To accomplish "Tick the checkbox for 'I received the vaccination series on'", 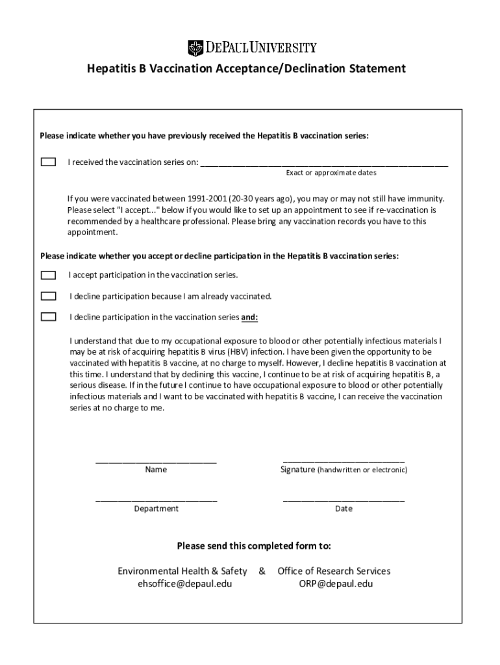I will point(48,162).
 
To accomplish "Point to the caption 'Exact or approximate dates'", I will point(331,173).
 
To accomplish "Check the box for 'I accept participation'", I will point(48,275).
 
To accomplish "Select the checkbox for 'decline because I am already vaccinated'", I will point(48,296).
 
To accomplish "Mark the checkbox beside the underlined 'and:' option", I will point(48,317).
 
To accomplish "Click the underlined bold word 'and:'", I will point(250,318).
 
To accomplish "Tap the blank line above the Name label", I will point(156,461).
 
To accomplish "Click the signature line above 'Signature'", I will point(344,460).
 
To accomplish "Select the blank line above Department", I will point(156,500).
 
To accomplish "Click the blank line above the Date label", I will point(344,500).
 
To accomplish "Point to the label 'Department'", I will point(156,508).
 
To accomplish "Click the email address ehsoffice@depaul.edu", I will point(184,583).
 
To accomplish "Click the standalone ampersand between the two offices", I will point(262,571).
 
